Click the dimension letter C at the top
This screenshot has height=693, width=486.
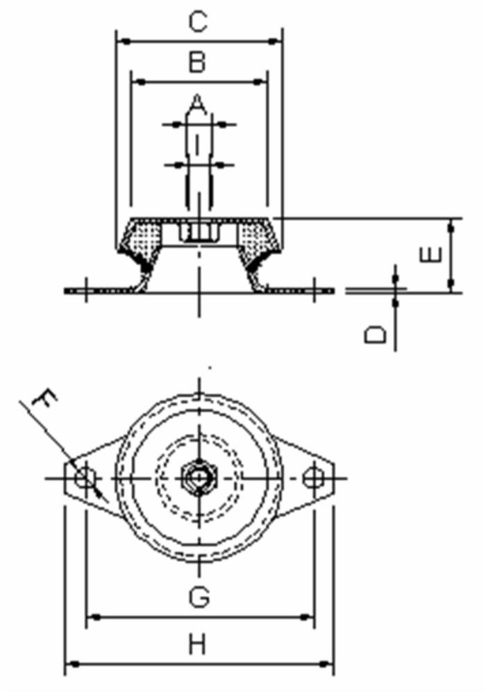coord(198,22)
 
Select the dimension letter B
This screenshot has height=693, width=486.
coord(198,63)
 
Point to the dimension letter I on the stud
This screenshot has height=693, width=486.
coord(198,145)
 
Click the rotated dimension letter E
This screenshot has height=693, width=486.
coord(430,255)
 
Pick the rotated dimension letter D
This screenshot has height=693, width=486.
coord(376,335)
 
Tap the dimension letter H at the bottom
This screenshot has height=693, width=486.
coord(198,645)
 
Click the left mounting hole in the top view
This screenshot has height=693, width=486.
coord(85,478)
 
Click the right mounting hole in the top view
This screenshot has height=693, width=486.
coord(313,478)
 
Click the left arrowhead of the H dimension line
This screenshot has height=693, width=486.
coord(70,665)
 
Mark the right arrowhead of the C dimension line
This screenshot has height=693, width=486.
coord(278,42)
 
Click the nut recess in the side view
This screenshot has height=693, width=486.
coord(199,232)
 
